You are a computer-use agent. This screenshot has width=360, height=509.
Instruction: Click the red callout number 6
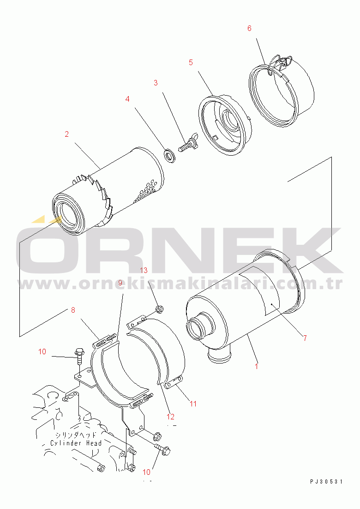(x=249, y=29)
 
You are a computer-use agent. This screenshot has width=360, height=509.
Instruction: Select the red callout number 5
(x=191, y=62)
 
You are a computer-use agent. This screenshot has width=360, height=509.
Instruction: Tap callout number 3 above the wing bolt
(x=156, y=83)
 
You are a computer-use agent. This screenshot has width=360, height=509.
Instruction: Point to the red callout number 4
(x=127, y=99)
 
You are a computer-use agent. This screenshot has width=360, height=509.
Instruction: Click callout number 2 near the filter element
(x=67, y=134)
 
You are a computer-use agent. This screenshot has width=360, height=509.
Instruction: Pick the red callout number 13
(x=144, y=270)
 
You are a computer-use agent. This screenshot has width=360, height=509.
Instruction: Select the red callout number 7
(x=305, y=338)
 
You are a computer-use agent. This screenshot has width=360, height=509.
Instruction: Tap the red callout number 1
(x=257, y=366)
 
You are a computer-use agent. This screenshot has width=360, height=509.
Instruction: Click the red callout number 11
(x=193, y=404)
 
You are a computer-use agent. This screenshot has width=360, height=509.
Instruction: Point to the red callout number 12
(x=171, y=417)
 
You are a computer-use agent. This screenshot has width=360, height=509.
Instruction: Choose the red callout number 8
(x=73, y=310)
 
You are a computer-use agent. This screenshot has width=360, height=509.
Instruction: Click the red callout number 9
(x=120, y=283)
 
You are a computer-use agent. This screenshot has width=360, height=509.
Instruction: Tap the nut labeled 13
(x=159, y=309)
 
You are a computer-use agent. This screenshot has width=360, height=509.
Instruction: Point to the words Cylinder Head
(x=76, y=443)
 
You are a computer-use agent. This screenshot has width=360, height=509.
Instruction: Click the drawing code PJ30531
(x=326, y=482)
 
